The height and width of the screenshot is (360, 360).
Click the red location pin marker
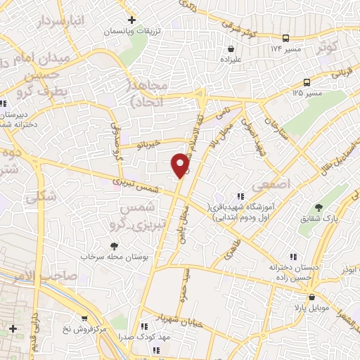pyautogui.click(x=181, y=165)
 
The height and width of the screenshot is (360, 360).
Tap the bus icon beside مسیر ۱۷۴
pyautogui.click(x=285, y=38)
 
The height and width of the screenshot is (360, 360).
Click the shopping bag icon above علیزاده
pyautogui.click(x=231, y=49)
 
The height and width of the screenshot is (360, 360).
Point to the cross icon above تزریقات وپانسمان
pyautogui.click(x=131, y=20)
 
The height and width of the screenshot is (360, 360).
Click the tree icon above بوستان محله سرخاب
pyautogui.click(x=114, y=246)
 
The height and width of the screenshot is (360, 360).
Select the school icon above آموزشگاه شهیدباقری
pyautogui.click(x=240, y=196)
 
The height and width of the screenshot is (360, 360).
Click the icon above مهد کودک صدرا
pyautogui.click(x=144, y=326)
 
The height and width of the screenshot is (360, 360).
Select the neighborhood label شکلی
pyautogui.click(x=40, y=198)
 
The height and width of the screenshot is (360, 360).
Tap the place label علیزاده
pyautogui.click(x=231, y=60)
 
